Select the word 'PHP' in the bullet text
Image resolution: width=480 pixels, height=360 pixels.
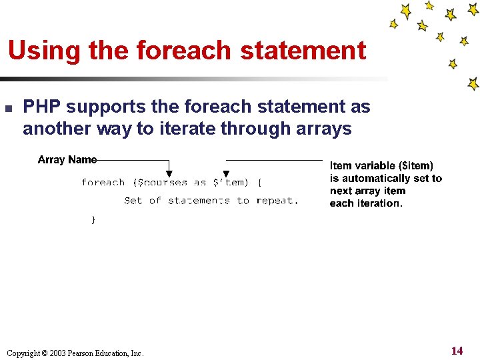[x=42, y=107]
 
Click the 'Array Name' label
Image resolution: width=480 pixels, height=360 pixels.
[x=67, y=159]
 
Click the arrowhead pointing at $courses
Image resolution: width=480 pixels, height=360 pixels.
[x=169, y=174]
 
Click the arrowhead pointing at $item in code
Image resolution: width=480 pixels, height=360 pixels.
[x=226, y=175]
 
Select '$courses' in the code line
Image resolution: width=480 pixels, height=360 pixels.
[x=163, y=183]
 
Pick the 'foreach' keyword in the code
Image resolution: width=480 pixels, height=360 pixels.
[x=103, y=183]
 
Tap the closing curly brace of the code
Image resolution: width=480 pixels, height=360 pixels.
[x=93, y=219]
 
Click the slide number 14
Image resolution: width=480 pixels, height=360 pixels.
[x=457, y=351]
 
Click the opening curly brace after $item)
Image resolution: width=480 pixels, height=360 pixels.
[x=259, y=183]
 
